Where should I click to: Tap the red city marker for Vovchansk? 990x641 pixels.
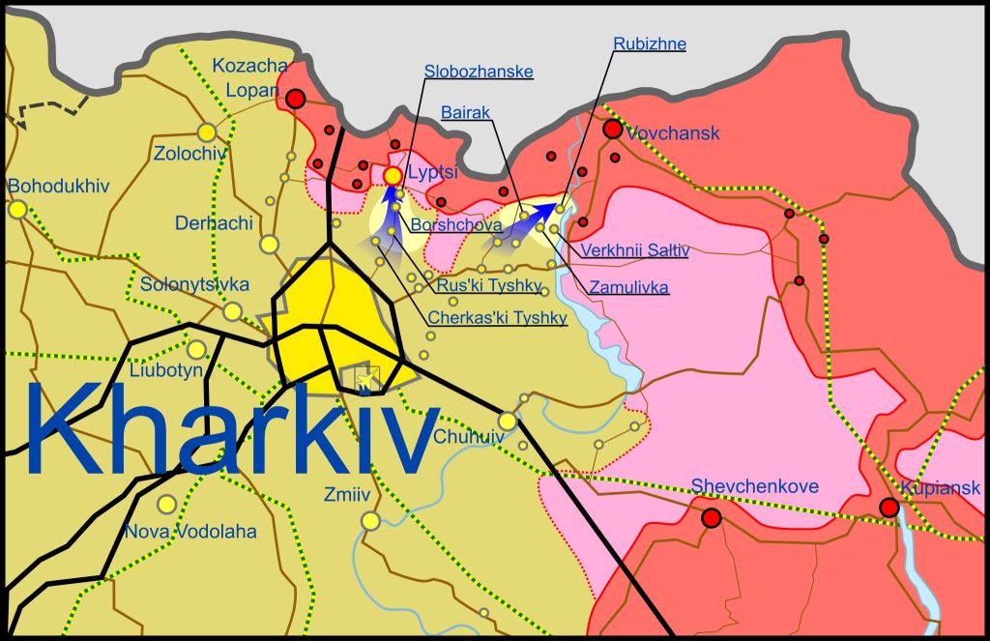(613, 129)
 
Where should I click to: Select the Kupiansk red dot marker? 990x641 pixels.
(888, 507)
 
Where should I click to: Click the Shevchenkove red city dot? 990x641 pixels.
(712, 518)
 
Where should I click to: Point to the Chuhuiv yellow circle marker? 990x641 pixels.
(508, 421)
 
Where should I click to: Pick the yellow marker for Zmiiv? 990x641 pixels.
(370, 521)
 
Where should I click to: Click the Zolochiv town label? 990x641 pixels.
(190, 153)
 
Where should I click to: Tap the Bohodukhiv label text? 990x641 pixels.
(58, 186)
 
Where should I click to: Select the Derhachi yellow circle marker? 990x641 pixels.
(270, 244)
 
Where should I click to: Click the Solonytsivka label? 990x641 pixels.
(194, 285)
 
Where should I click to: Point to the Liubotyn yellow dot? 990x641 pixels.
(196, 350)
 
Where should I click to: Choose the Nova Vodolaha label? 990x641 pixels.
(190, 532)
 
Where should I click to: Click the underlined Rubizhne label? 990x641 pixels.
(650, 44)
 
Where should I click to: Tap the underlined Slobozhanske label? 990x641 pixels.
(479, 72)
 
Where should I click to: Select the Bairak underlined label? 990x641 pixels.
(465, 113)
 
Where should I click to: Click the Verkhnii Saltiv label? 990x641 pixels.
(634, 250)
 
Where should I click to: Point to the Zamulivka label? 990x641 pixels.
(628, 287)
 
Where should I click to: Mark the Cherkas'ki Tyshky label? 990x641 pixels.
(497, 319)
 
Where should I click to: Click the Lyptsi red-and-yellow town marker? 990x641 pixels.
(393, 176)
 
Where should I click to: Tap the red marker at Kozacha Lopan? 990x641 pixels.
(296, 99)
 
